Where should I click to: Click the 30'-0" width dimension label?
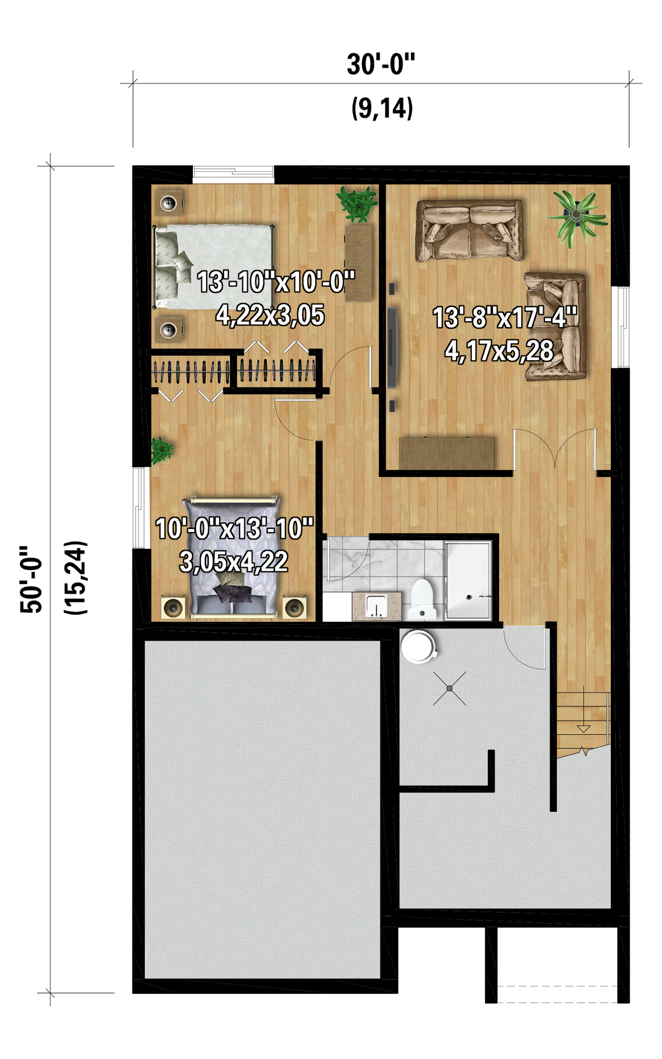coord(381,64)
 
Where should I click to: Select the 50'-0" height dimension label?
coord(32,580)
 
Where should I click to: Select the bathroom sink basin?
coord(375,606)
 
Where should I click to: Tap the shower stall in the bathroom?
coord(468,581)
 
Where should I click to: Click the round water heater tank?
coord(418,647)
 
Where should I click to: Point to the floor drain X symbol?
coord(450,688)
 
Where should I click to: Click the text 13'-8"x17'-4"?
coord(505,318)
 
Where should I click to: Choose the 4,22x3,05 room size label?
coord(270,315)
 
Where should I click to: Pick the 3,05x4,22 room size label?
coord(234,562)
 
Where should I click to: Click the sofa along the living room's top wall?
coord(470,230)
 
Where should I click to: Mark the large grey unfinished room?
coord(263,810)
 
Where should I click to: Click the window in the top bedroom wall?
coord(234,172)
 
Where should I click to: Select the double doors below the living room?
coord(555,449)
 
